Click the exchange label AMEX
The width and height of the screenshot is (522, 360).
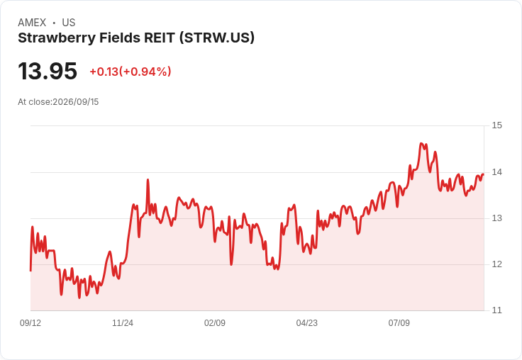pyautogui.click(x=32, y=23)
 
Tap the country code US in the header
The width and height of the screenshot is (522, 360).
pyautogui.click(x=69, y=23)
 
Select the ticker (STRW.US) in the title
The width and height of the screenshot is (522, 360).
pyautogui.click(x=217, y=38)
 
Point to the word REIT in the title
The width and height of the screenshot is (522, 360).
pyautogui.click(x=159, y=38)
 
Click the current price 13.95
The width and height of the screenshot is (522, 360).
pyautogui.click(x=48, y=71)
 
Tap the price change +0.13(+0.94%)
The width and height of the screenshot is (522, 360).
pyautogui.click(x=130, y=72)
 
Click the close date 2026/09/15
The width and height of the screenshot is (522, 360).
pyautogui.click(x=76, y=102)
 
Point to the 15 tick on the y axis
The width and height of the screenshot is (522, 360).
pyautogui.click(x=496, y=125)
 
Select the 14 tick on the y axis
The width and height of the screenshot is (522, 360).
pyautogui.click(x=496, y=172)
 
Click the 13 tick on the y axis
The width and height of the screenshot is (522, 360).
pyautogui.click(x=496, y=218)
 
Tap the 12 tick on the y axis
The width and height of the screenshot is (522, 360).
pyautogui.click(x=496, y=264)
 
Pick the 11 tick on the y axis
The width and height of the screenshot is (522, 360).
pyautogui.click(x=496, y=310)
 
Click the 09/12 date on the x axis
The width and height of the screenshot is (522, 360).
pyautogui.click(x=30, y=322)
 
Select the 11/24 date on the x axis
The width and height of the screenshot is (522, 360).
pyautogui.click(x=123, y=322)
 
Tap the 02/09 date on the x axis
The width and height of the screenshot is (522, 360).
pyautogui.click(x=215, y=322)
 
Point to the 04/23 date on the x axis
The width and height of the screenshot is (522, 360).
pyautogui.click(x=307, y=322)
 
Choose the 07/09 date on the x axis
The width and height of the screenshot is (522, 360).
pyautogui.click(x=399, y=322)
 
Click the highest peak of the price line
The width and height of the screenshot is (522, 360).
pyautogui.click(x=421, y=143)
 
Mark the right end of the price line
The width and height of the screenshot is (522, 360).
pyautogui.click(x=484, y=174)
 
